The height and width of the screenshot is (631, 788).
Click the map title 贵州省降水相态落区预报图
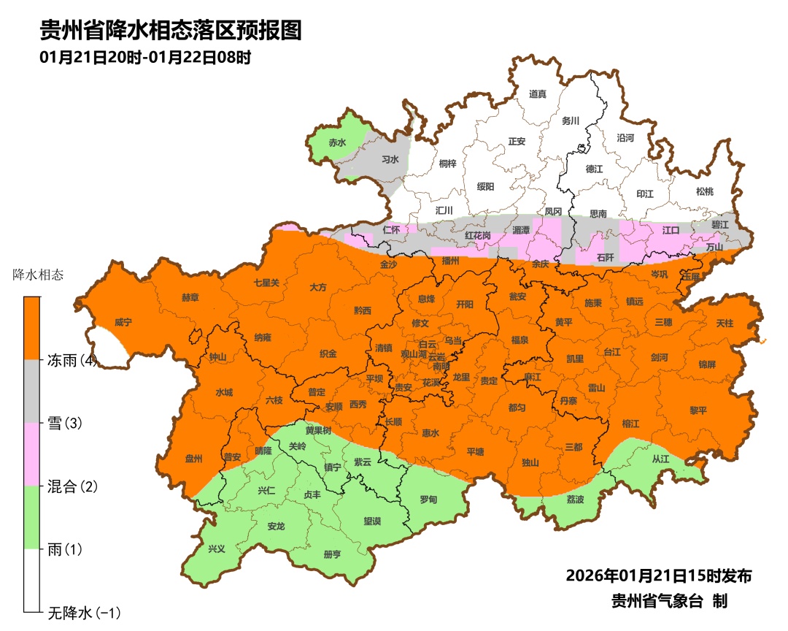[x=170, y=30]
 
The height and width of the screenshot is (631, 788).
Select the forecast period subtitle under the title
[x=145, y=58]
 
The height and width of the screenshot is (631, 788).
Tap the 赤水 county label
[x=337, y=143]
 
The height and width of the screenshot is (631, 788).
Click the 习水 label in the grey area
[x=390, y=158]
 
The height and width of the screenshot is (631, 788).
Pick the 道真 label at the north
[x=538, y=93]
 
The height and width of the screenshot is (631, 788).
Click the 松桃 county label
[x=704, y=191]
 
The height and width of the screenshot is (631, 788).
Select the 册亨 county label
[x=332, y=554]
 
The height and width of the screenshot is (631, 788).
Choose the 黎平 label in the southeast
[x=698, y=410]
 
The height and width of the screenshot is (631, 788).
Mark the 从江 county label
[x=660, y=459]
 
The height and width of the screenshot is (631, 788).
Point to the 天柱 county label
[x=725, y=322]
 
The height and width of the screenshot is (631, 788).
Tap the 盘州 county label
[x=193, y=459]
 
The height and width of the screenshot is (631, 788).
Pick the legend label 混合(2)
[x=72, y=486]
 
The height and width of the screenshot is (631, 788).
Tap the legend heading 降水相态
[x=38, y=275]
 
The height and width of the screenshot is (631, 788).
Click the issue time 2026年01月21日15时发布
[x=659, y=575]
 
